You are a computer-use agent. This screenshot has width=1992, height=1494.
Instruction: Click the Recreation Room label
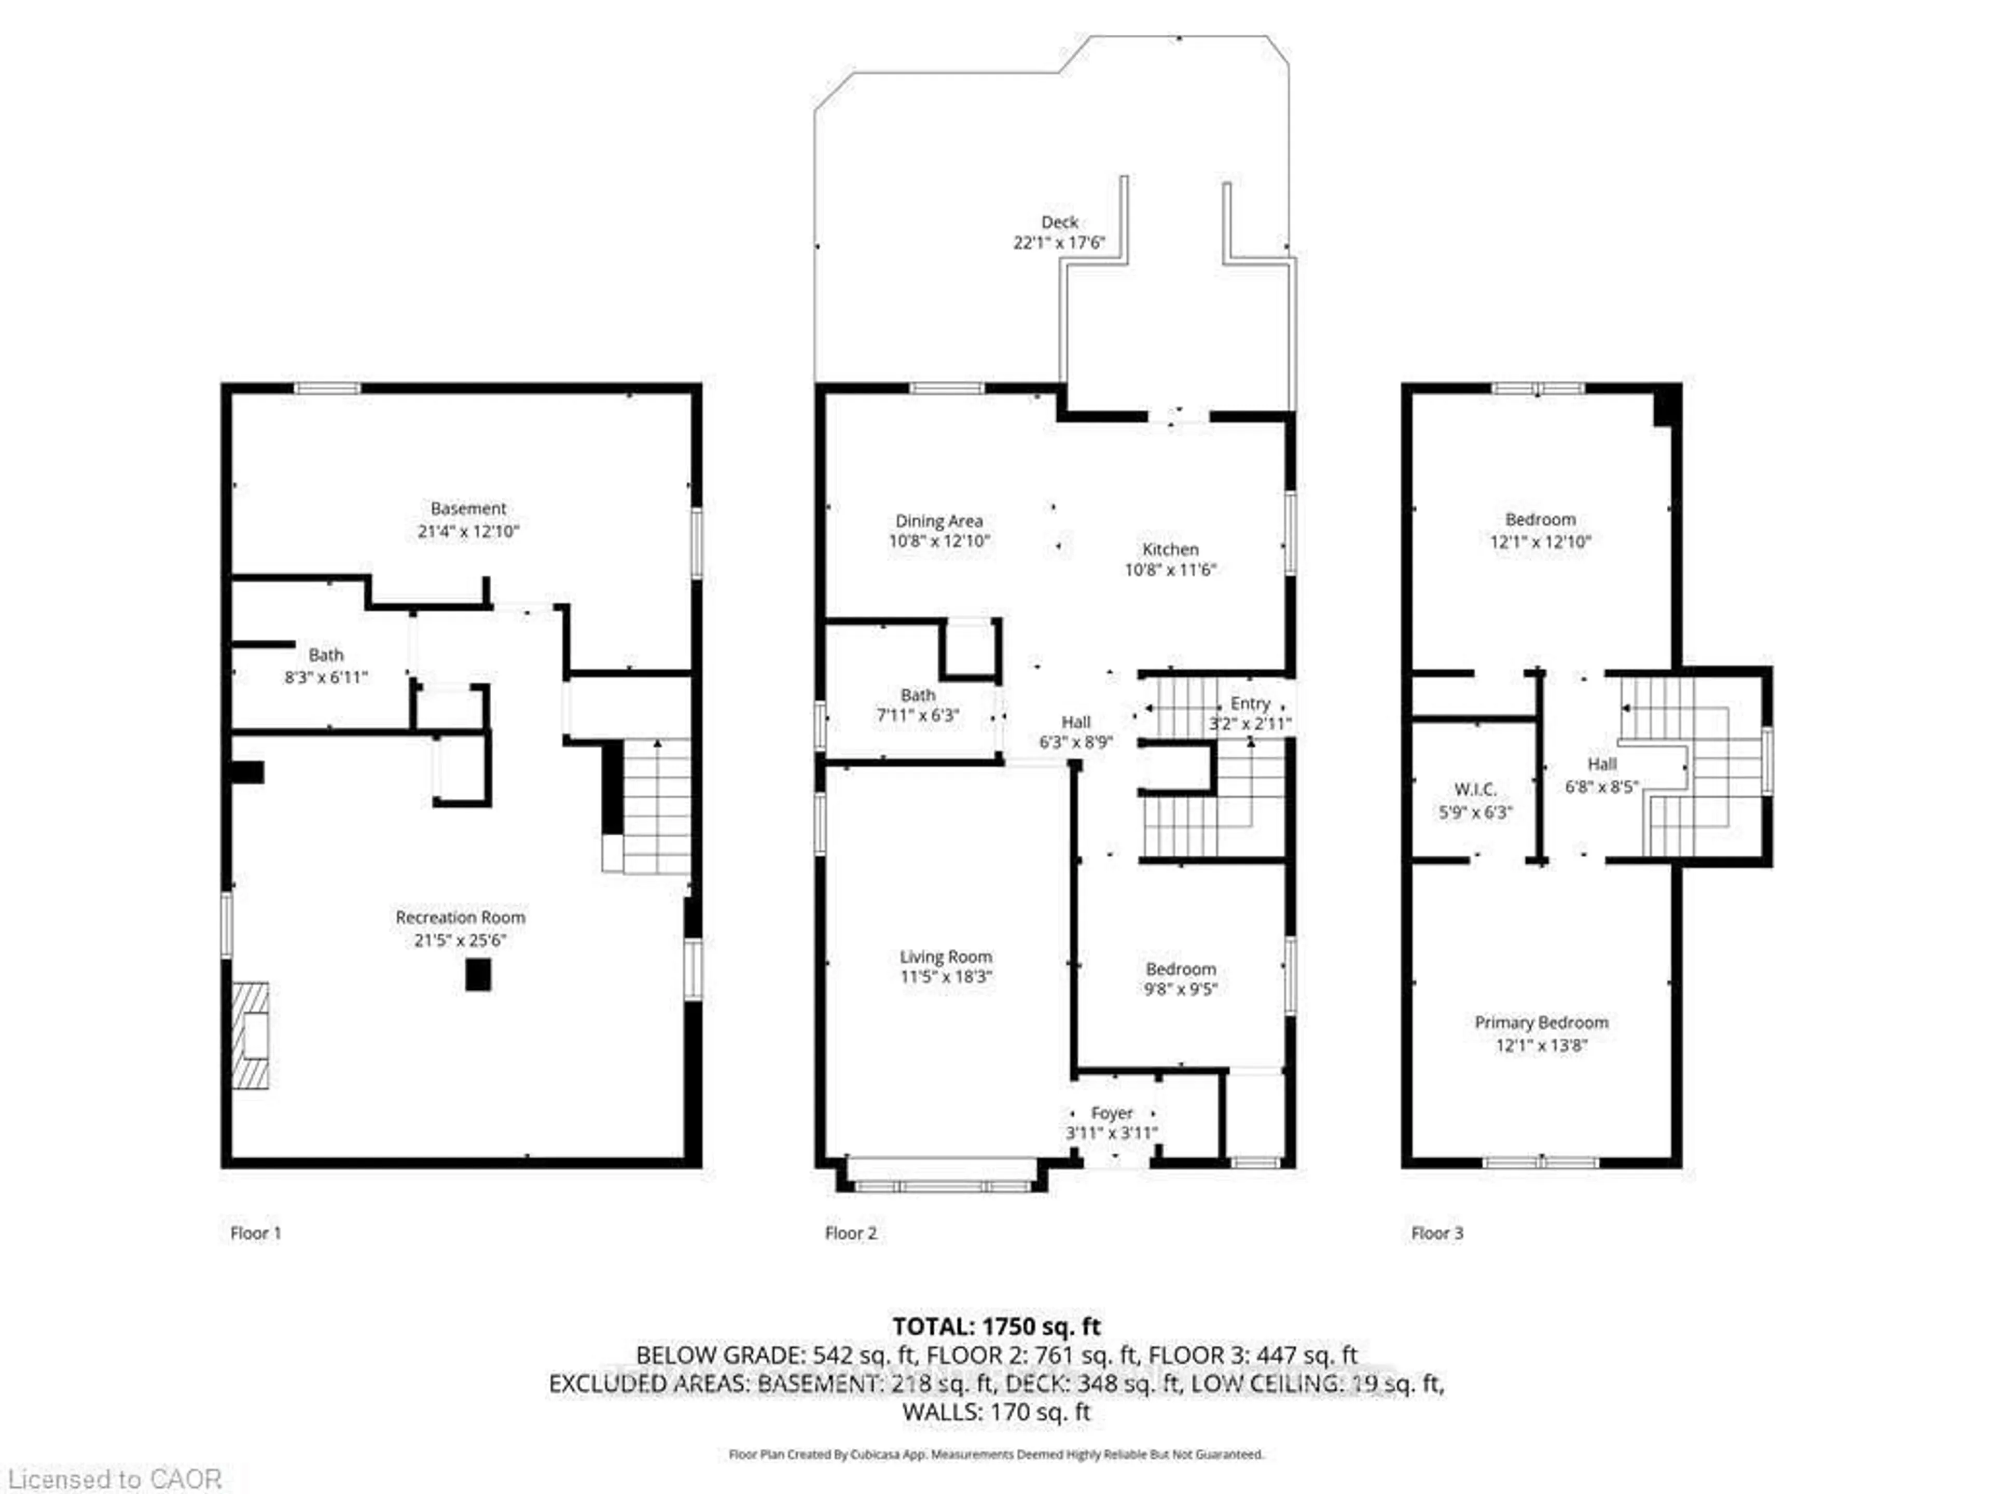click(460, 917)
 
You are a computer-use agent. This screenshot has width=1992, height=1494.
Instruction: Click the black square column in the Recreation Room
click(478, 974)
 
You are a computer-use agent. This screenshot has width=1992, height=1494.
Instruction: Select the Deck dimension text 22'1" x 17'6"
click(1059, 243)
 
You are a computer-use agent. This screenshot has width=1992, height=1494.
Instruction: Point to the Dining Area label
click(938, 520)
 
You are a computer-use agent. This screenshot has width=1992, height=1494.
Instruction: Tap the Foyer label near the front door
click(1111, 1113)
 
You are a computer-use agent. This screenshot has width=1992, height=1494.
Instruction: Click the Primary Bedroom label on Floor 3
click(1541, 1022)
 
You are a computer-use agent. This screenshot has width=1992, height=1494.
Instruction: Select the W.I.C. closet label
click(1475, 790)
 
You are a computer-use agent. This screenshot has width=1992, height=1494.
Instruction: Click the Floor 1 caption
click(256, 1233)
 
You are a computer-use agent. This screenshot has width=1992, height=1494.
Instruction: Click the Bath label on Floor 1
click(326, 655)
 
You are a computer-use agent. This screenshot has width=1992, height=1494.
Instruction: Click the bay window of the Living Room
click(942, 1186)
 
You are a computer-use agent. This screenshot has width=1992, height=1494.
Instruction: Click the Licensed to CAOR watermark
click(113, 1478)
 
